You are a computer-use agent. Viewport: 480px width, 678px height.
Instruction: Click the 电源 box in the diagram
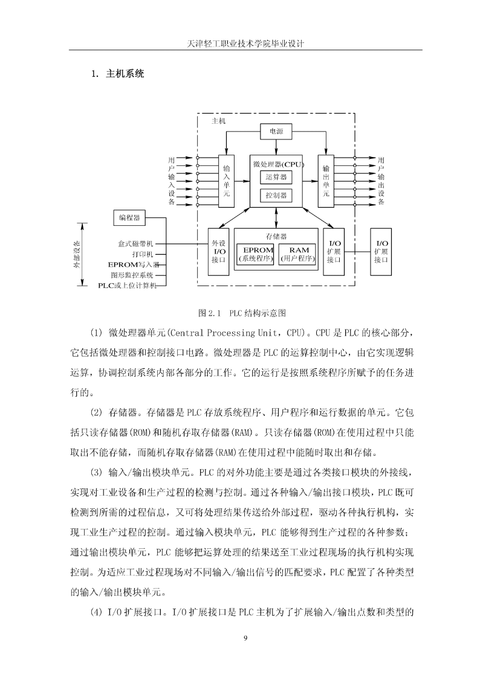tap(276, 132)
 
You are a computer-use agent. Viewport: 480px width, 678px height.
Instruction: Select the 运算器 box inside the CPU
tap(276, 177)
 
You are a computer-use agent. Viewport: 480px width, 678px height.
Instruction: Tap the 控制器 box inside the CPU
tap(276, 196)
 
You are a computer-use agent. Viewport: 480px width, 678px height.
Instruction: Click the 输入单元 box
tap(226, 181)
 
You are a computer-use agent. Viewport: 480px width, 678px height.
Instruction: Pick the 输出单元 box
tap(326, 181)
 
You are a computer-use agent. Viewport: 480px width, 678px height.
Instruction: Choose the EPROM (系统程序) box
tap(255, 255)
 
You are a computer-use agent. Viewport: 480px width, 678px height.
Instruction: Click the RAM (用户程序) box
tap(297, 255)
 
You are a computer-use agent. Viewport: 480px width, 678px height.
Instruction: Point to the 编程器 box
tap(129, 218)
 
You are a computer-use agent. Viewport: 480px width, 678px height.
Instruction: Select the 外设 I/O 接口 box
tap(219, 252)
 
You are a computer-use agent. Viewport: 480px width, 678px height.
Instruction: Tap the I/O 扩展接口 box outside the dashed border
tap(381, 252)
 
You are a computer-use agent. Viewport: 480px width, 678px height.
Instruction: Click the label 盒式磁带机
tap(135, 244)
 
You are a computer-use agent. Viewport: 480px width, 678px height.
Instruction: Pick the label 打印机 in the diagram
tap(143, 254)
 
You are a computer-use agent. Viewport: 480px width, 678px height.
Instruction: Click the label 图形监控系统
tap(132, 275)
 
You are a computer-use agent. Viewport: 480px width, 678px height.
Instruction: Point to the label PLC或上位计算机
tap(127, 286)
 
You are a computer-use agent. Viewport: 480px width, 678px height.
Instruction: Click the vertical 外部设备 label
tap(77, 254)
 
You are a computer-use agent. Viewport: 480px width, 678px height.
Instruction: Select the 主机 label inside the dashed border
tap(218, 121)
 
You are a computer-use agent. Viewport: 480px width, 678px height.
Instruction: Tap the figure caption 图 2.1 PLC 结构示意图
tap(242, 313)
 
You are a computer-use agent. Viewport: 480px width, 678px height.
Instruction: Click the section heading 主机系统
tap(125, 74)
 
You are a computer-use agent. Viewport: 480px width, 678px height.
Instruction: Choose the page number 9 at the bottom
tap(245, 638)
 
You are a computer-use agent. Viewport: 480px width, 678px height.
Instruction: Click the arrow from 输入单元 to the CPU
tap(242, 181)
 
